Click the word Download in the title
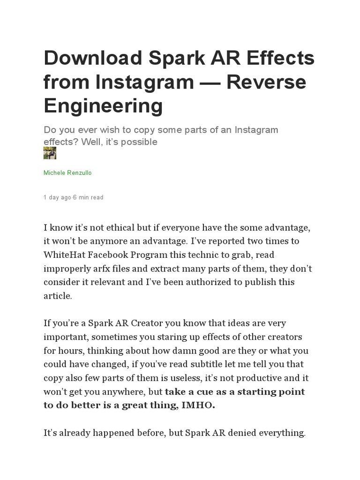point(93,59)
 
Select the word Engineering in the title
point(103,105)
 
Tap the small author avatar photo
point(50,153)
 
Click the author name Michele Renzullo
point(67,173)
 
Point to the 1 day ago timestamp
point(58,197)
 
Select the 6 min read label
point(89,197)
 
